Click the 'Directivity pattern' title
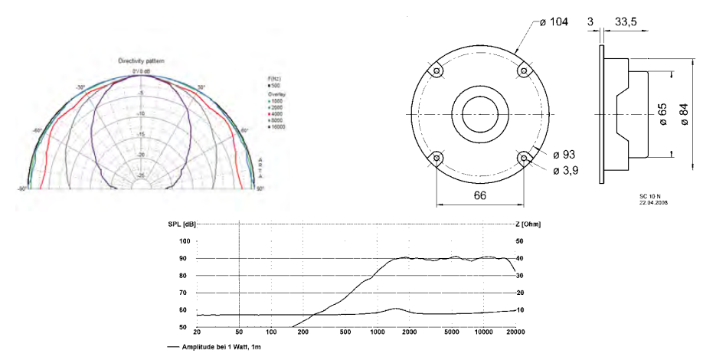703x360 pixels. pyautogui.click(x=141, y=61)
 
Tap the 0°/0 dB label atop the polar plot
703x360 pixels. pyautogui.click(x=140, y=71)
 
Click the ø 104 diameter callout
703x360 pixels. pyautogui.click(x=553, y=22)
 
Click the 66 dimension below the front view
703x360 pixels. pyautogui.click(x=479, y=197)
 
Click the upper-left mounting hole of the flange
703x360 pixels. pyautogui.click(x=437, y=70)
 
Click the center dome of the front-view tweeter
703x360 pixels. pyautogui.click(x=480, y=114)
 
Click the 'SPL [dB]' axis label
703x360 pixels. pyautogui.click(x=181, y=224)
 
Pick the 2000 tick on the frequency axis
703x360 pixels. pyautogui.click(x=410, y=332)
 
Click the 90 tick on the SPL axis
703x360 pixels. pyautogui.click(x=184, y=258)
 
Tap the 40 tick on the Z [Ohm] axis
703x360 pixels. pyautogui.click(x=519, y=258)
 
